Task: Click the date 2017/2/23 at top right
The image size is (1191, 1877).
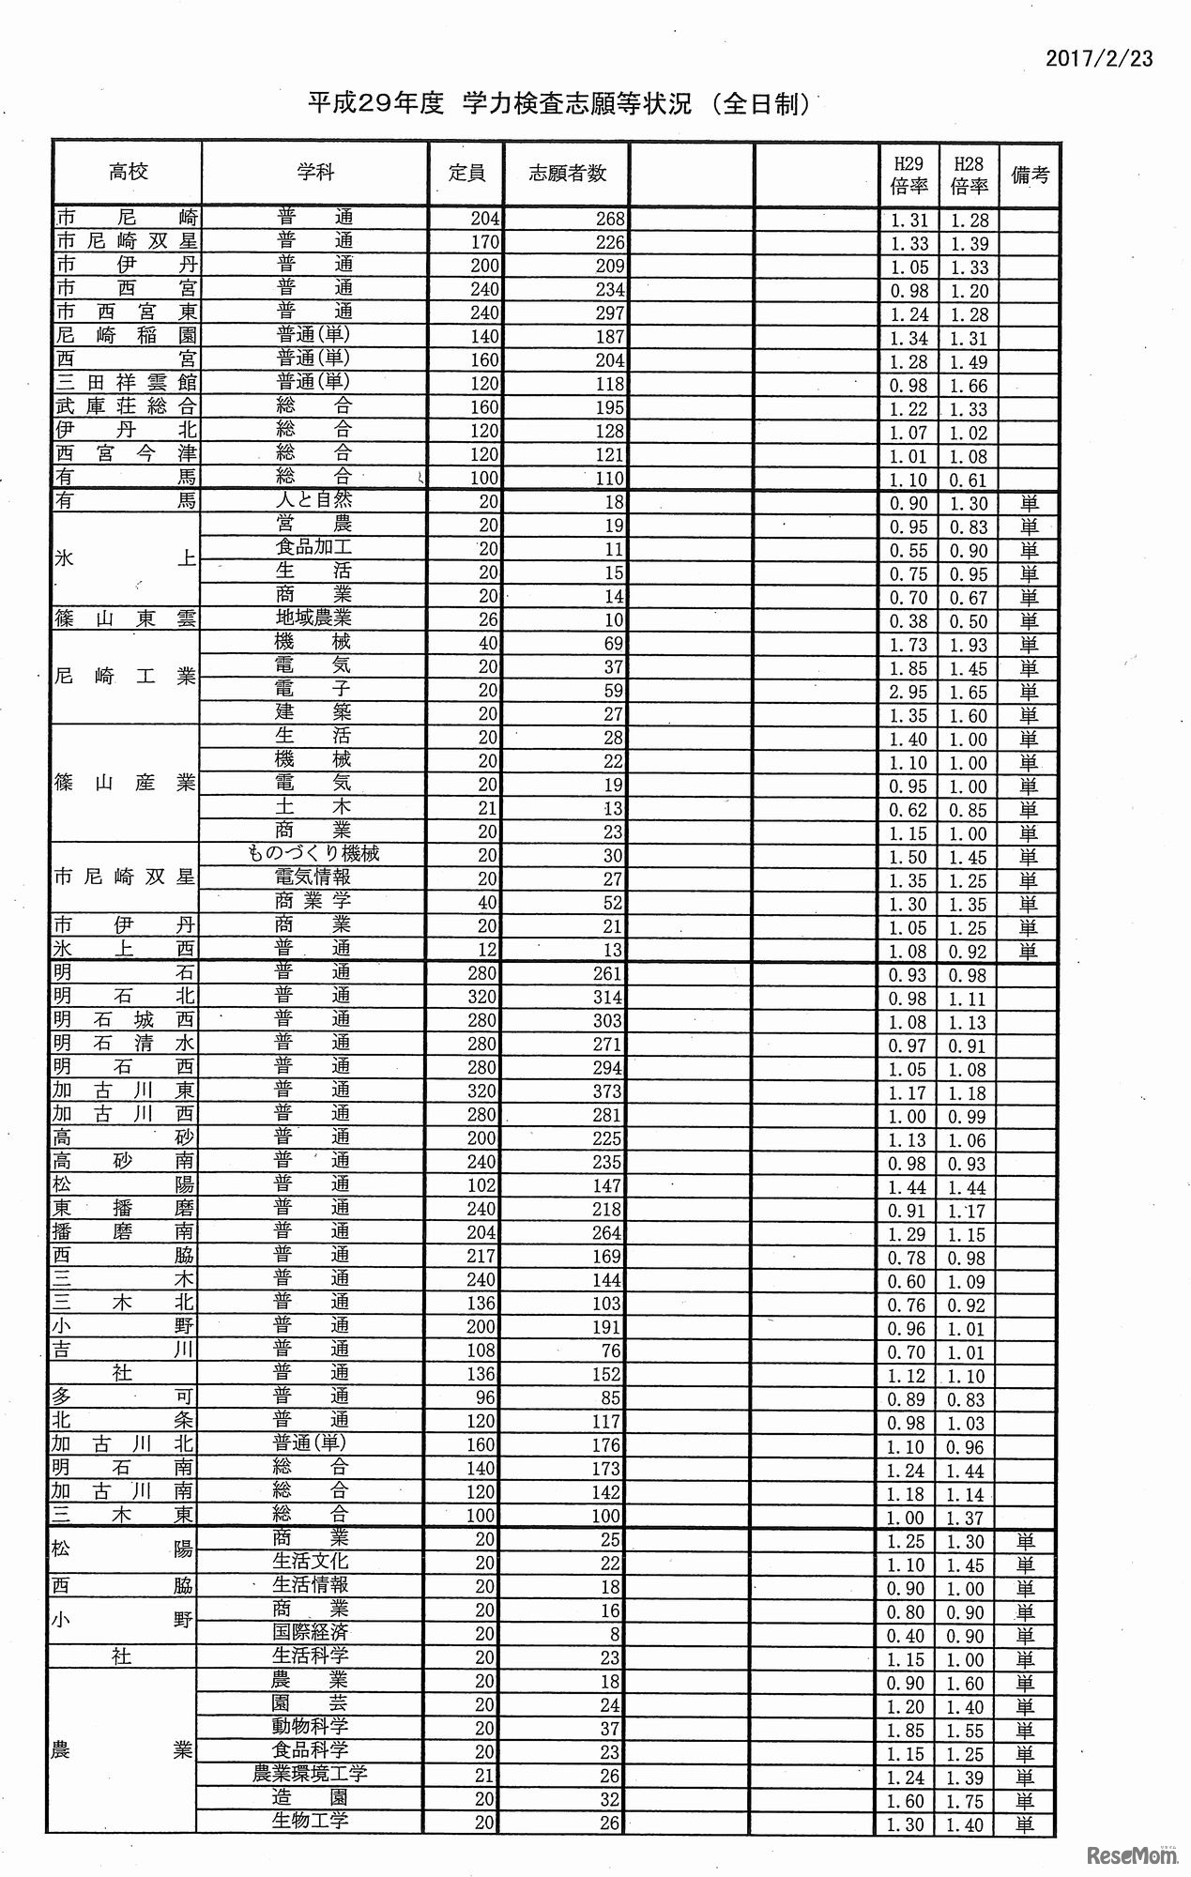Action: click(1099, 58)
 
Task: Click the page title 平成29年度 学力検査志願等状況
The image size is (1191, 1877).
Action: click(558, 104)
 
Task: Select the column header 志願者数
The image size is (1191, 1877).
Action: click(567, 173)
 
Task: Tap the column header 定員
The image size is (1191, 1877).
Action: click(466, 173)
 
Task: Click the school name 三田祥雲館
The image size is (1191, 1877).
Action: click(125, 383)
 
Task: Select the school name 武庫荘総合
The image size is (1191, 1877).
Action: click(125, 406)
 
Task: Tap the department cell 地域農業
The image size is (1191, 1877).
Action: click(313, 618)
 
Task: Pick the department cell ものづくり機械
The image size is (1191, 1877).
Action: click(313, 854)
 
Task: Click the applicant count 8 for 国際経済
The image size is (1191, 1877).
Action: click(615, 1634)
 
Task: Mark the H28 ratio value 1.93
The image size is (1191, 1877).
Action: click(969, 646)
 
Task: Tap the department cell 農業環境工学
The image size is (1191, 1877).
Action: click(310, 1774)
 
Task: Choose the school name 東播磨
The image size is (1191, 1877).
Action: click(125, 1208)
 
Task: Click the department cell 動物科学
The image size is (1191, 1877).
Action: click(311, 1727)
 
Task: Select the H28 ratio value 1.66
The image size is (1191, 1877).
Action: click(969, 386)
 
